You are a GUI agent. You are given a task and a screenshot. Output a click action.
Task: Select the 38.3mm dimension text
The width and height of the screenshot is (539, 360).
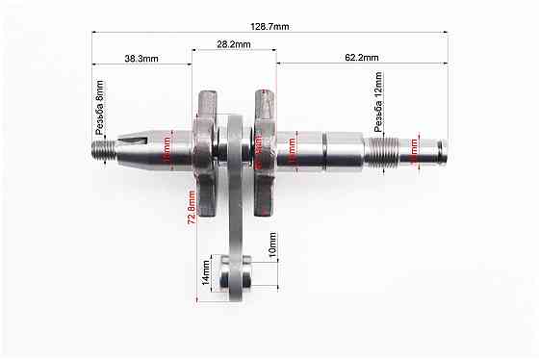(141, 58)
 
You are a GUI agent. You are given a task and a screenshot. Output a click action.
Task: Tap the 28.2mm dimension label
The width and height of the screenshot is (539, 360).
(233, 44)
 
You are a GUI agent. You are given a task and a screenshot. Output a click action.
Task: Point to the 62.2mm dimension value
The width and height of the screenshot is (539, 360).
(361, 58)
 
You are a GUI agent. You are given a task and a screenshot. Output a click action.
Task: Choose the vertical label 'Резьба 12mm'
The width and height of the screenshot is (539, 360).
(378, 106)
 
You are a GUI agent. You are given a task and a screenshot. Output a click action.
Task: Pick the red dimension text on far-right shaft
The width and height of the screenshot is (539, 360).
(415, 149)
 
